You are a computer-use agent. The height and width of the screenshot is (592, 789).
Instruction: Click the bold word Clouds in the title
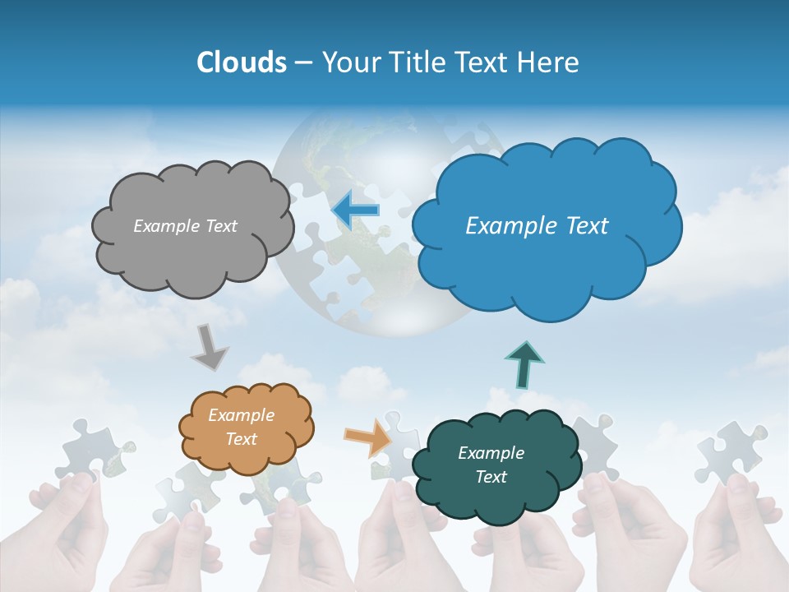click(242, 62)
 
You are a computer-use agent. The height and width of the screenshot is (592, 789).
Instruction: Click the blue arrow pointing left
click(356, 210)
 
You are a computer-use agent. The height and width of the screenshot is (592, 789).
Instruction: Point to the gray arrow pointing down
click(209, 346)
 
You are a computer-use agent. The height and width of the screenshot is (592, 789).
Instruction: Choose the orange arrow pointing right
click(368, 436)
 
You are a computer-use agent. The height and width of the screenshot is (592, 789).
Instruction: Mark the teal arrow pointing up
click(524, 364)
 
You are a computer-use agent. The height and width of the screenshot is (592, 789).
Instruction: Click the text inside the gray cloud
click(185, 226)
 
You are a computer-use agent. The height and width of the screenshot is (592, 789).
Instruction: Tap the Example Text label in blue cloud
click(537, 226)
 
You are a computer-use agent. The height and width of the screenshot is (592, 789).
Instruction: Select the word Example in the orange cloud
click(241, 415)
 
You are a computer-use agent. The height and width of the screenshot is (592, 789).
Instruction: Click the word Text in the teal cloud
click(491, 477)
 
